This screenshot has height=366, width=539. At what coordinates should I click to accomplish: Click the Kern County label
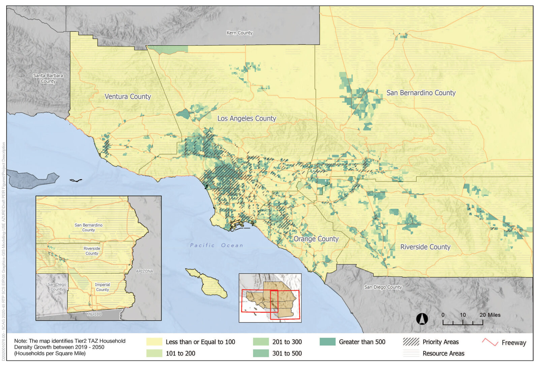click(x=239, y=33)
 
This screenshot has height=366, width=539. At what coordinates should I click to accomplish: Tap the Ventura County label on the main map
click(x=128, y=96)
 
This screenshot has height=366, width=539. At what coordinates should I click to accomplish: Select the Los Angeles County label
click(x=247, y=118)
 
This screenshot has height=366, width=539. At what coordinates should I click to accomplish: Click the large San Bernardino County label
click(x=421, y=93)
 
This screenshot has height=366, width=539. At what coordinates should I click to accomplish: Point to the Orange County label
click(x=316, y=239)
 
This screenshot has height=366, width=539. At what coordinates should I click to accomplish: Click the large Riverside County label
click(x=425, y=247)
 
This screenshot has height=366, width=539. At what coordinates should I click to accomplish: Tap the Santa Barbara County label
click(x=48, y=78)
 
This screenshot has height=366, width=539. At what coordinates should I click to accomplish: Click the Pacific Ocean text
click(x=216, y=245)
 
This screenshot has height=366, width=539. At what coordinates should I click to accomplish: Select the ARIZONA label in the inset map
click(x=144, y=271)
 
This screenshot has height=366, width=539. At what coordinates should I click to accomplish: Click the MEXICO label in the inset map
click(x=94, y=314)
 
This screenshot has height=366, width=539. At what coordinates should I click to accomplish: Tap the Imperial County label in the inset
click(x=102, y=287)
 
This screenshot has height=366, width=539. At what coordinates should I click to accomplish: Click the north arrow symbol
click(x=422, y=318)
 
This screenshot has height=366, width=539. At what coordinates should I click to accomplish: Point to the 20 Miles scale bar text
click(x=490, y=315)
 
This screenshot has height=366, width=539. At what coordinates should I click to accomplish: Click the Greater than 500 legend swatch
click(x=327, y=342)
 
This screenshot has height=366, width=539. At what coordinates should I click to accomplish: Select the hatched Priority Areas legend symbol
click(x=411, y=342)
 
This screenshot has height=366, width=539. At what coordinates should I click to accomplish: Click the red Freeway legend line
click(x=490, y=342)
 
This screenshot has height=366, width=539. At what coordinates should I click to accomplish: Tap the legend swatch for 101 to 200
click(x=154, y=353)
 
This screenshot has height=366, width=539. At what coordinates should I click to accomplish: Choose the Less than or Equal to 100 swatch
click(x=154, y=342)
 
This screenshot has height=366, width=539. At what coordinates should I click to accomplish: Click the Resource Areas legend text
click(x=443, y=353)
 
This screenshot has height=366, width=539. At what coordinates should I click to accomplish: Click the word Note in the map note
click(x=20, y=341)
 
